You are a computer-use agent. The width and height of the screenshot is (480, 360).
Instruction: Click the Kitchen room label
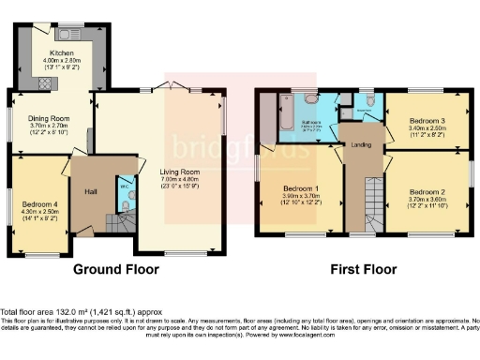click(x=62, y=52)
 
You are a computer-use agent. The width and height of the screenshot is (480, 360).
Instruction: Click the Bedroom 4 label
click(x=37, y=204)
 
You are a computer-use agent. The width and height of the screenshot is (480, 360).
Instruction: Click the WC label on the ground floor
click(x=123, y=185)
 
